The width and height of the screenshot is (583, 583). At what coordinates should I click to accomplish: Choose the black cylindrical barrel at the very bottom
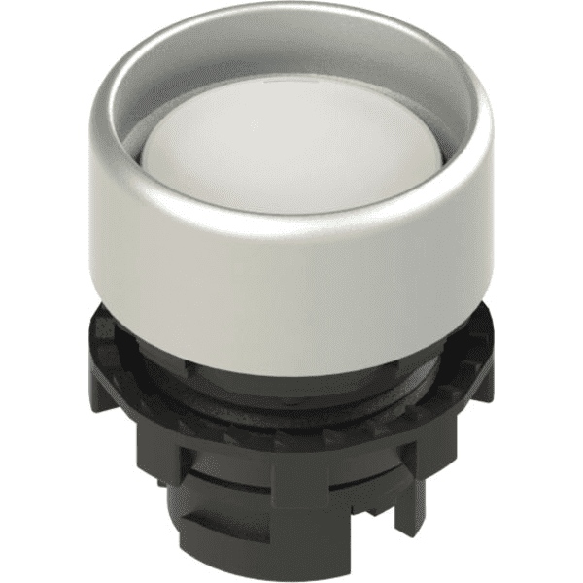291,544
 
